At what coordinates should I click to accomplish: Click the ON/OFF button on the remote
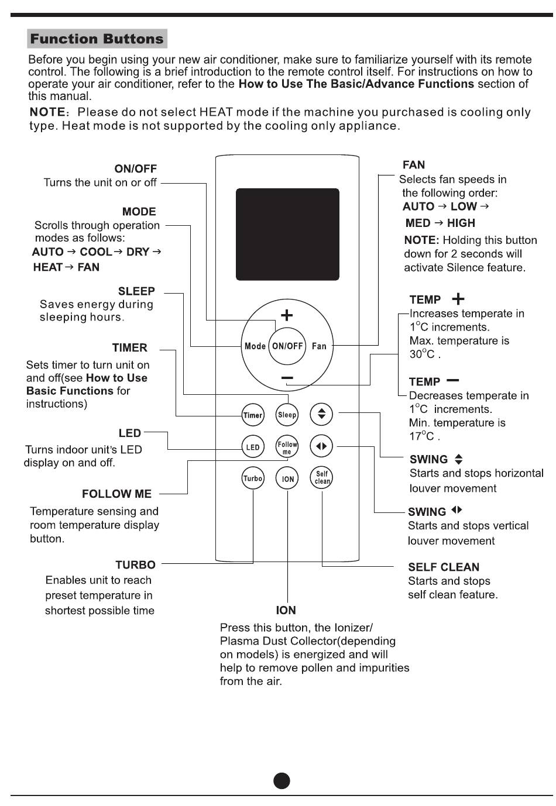click(x=287, y=346)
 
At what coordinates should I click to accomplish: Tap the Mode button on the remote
click(x=255, y=346)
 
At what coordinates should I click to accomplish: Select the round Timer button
click(x=253, y=415)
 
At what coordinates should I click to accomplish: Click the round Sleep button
click(x=287, y=415)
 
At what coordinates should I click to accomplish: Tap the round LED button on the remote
click(x=253, y=447)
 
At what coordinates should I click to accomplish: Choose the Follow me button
click(x=287, y=446)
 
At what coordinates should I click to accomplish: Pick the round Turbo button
click(x=253, y=478)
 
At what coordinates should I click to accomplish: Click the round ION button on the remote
click(x=287, y=478)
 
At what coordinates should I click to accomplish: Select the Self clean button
click(x=321, y=477)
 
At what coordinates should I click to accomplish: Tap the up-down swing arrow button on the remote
click(x=321, y=414)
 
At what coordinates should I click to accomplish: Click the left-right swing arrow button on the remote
click(x=321, y=446)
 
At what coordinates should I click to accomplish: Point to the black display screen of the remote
click(x=287, y=234)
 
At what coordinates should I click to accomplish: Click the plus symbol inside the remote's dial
click(x=287, y=315)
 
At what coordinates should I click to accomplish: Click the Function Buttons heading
click(x=97, y=39)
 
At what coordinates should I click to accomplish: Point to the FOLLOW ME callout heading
click(x=116, y=494)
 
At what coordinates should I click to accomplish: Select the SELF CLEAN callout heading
click(x=444, y=567)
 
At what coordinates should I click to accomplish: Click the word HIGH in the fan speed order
click(x=461, y=223)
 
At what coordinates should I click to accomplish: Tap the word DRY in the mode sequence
click(x=138, y=252)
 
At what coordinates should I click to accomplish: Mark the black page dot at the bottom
click(x=282, y=781)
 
